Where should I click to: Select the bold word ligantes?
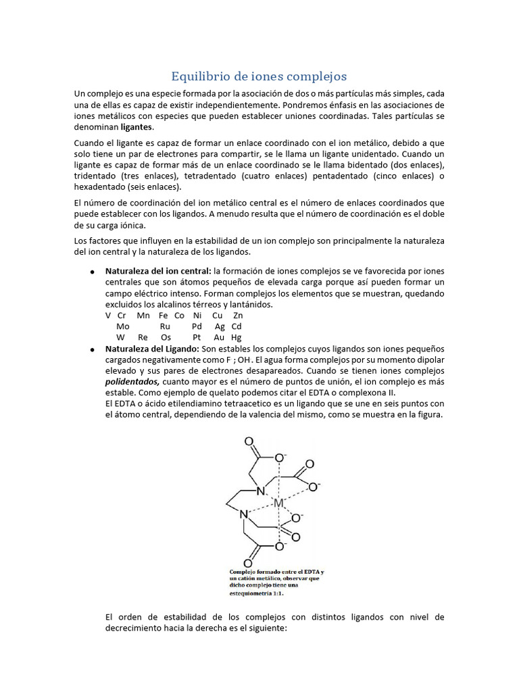tap(137, 127)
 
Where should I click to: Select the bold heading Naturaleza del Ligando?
tap(152, 348)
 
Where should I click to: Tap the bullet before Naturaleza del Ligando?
tap(91, 349)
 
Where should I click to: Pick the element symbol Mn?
tap(143, 316)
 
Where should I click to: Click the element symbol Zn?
tap(237, 316)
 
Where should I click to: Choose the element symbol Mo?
tap(123, 326)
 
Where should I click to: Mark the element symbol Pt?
tap(197, 337)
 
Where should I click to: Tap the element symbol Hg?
tap(237, 337)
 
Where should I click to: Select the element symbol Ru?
tap(165, 326)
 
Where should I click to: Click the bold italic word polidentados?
tap(132, 381)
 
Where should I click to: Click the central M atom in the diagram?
tap(278, 503)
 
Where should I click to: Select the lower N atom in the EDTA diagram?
tap(245, 514)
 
